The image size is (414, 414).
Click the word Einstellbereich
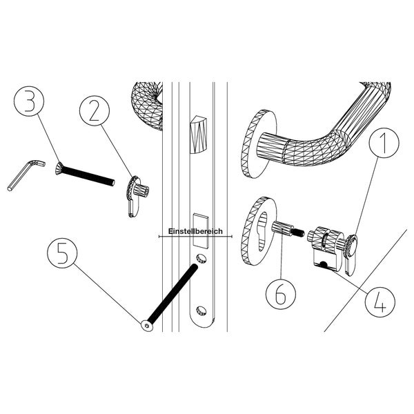195,233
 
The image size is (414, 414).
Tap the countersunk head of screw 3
60,168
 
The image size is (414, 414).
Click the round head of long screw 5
146,326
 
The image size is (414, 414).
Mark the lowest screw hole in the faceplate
201,310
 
